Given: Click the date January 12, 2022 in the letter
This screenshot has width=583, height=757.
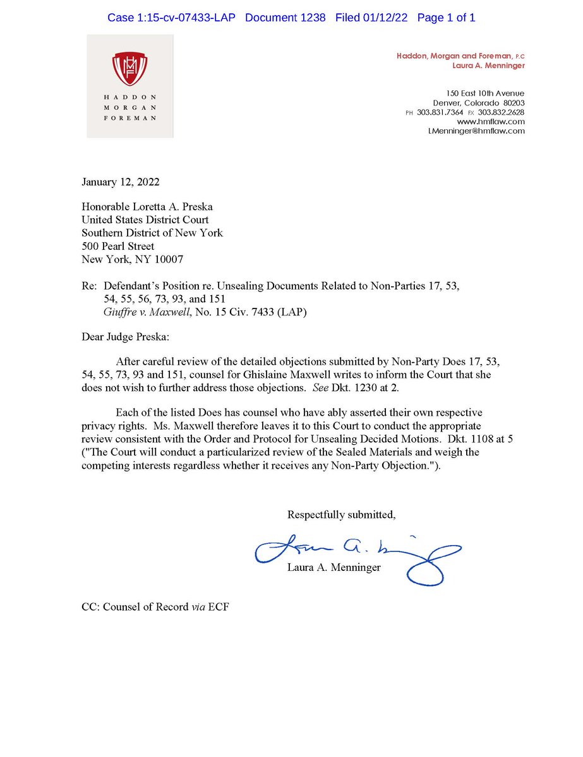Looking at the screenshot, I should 121,183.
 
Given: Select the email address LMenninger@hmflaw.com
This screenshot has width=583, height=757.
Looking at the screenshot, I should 476,131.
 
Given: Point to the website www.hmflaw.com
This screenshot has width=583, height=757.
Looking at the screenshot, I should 500,121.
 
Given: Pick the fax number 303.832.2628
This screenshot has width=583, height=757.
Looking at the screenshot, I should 502,112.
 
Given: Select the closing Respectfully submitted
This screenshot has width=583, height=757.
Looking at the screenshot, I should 341,515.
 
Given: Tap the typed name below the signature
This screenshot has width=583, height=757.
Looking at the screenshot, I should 334,567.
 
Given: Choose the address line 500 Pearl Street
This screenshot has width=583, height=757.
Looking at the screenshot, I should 118,246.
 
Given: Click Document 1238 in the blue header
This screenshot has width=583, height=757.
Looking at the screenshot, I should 285,18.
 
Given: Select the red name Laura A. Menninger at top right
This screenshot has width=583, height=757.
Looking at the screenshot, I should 488,66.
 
